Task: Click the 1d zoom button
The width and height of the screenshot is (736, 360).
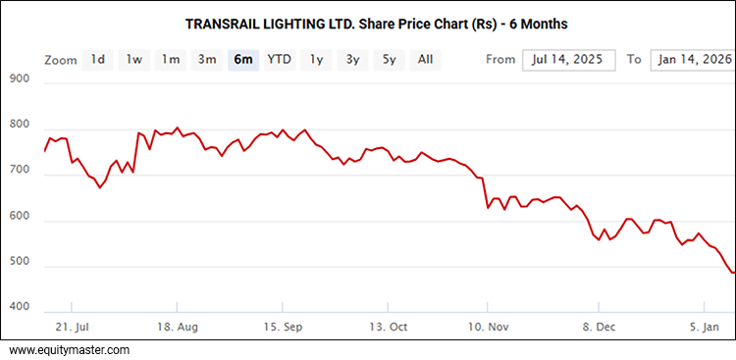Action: pos(98,60)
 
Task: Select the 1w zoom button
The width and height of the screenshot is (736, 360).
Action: pos(133,60)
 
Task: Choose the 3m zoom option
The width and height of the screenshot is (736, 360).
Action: pos(207,60)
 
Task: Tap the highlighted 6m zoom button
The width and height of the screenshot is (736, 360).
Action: pos(242,60)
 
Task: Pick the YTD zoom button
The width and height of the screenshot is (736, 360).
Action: pos(280,60)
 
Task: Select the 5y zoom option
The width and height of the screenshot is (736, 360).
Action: pos(390,60)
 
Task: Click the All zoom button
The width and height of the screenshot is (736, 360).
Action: pos(425,60)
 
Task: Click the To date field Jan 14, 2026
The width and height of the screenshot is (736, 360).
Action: pos(691,60)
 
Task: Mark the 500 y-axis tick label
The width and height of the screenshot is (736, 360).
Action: pos(20,266)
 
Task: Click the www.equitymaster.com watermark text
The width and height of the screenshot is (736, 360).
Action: pos(70,349)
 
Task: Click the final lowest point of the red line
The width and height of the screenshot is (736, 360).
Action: pos(733,273)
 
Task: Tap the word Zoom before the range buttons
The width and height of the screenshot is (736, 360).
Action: pos(61,60)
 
